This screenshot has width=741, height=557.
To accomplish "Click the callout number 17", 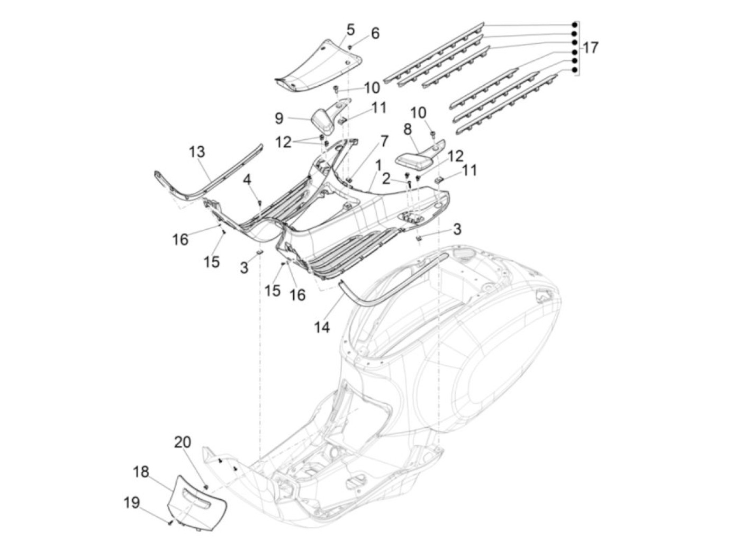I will click(x=591, y=48).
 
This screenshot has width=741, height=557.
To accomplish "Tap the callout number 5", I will click(x=351, y=30).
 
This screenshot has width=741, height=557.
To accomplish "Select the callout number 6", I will click(x=375, y=33).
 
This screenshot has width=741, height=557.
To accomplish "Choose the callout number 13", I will click(x=197, y=152).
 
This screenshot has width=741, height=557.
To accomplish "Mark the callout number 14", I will click(x=321, y=327).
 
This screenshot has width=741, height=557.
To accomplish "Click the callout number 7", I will click(x=384, y=141).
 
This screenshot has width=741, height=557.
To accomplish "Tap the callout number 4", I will click(x=247, y=180).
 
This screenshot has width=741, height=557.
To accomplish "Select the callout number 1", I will click(x=378, y=165).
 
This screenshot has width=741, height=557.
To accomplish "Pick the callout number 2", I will click(x=386, y=179).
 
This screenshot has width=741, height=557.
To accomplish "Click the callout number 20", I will click(x=183, y=442).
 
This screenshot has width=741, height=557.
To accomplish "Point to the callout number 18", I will click(x=141, y=471).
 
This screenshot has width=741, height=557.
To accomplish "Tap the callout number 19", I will click(x=132, y=502).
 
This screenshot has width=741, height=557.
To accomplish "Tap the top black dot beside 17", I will click(x=574, y=25).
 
